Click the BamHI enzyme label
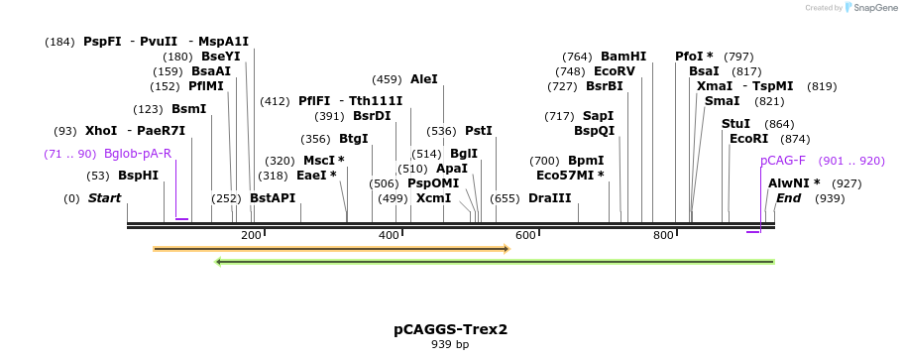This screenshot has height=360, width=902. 623,57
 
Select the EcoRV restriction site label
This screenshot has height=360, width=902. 614,71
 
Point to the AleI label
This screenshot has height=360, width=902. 423,79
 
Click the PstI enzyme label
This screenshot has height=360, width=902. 479,131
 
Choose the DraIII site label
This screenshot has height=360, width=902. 550,198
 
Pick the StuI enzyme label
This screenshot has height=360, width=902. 736,124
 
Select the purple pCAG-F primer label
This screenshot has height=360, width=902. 783,161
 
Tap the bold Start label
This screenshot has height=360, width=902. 104,198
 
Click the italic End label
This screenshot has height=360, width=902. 788,198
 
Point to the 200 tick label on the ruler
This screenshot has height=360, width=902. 251,235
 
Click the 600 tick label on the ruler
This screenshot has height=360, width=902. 525,235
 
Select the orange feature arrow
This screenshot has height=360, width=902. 330,249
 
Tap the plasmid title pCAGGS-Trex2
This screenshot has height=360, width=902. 450,329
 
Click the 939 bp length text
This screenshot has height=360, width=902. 450,345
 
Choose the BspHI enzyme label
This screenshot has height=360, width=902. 139,176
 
